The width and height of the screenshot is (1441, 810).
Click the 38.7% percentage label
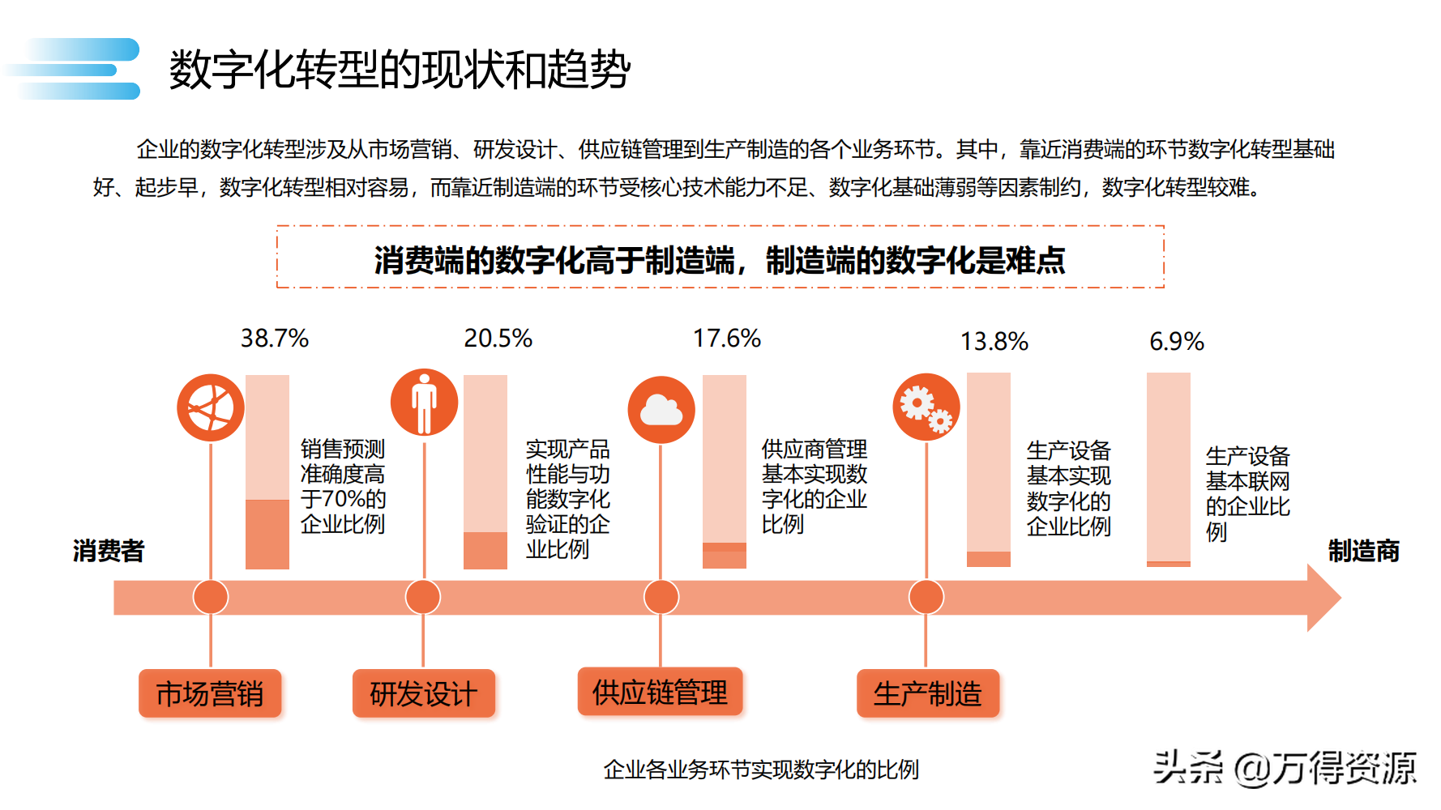274,339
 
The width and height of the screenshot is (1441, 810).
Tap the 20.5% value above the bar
498,339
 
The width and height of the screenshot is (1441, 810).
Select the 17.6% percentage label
726,339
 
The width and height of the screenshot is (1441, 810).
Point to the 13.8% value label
994,342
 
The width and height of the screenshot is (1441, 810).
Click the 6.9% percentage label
1176,342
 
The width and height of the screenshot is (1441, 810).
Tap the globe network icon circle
211,407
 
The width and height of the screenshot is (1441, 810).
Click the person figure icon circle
424,403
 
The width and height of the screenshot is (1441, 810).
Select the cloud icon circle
661,410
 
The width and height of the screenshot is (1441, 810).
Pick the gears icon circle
926,407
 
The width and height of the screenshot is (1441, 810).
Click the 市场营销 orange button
210,694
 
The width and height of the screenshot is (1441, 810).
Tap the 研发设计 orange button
423,694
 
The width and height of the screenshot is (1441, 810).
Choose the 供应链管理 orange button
660,693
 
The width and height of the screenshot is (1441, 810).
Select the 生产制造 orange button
927,694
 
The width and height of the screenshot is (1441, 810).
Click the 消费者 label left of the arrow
109,551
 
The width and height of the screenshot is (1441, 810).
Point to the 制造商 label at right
1363,551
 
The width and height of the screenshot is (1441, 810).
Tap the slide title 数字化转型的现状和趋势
400,70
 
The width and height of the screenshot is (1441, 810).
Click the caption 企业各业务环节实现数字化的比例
761,769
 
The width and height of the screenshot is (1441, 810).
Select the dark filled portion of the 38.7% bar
267,534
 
